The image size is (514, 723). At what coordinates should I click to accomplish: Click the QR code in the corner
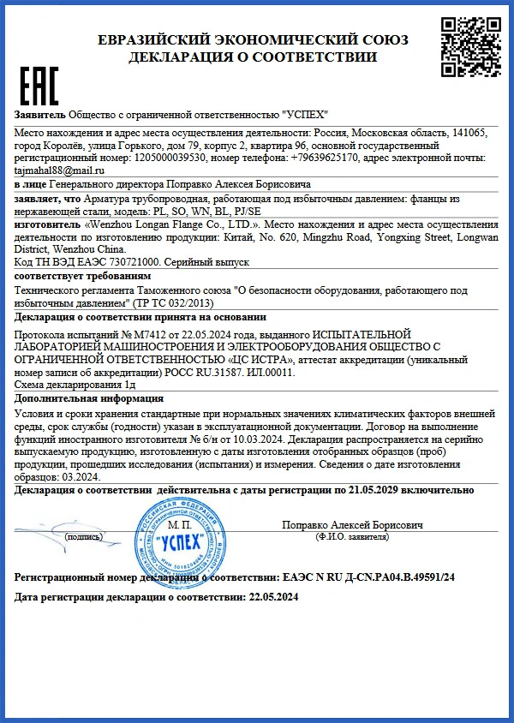(x=467, y=42)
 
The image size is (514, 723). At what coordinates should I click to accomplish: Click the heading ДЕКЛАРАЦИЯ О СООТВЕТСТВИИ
(x=253, y=57)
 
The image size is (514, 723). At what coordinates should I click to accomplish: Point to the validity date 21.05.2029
(x=382, y=490)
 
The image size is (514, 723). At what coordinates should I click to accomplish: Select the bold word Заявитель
(x=40, y=116)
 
